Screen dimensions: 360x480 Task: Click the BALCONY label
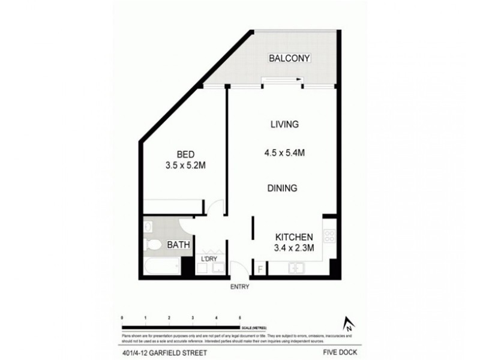(x=289, y=59)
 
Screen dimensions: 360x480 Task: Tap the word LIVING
(x=284, y=125)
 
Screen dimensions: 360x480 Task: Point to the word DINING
(x=283, y=188)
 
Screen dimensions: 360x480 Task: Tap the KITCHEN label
(x=293, y=236)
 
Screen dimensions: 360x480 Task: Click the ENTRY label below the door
(x=239, y=287)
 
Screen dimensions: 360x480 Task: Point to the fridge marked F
(x=260, y=268)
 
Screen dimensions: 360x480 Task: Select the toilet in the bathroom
(x=153, y=244)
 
